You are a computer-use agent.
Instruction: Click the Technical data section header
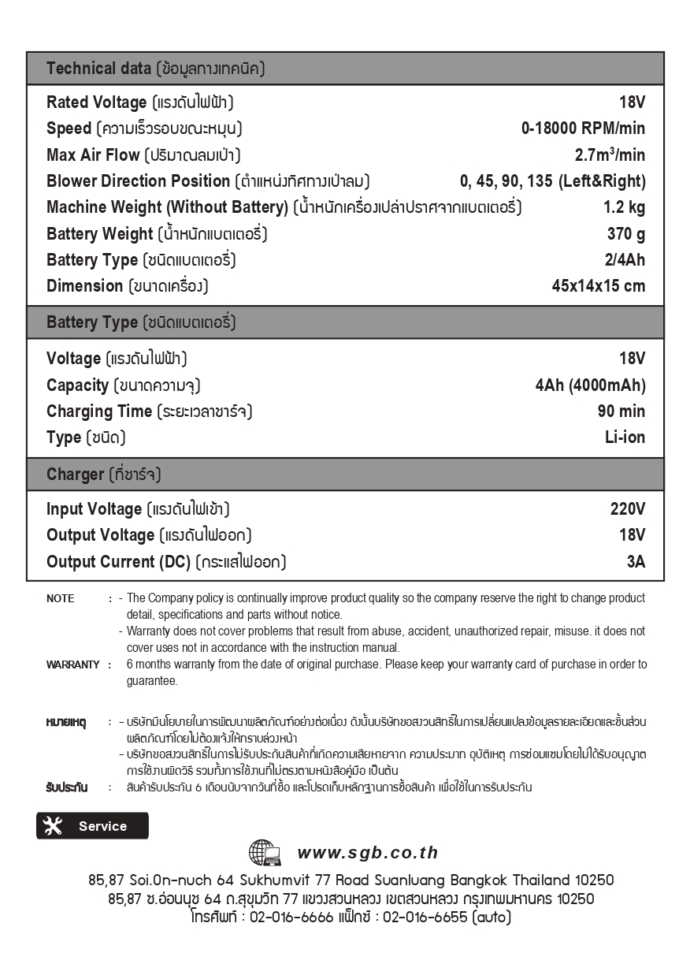(x=155, y=69)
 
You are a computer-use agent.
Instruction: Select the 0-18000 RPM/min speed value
(x=583, y=128)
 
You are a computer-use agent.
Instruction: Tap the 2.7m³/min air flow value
(x=610, y=154)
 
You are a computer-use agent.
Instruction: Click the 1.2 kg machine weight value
(x=624, y=207)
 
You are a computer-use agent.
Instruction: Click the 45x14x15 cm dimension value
(x=598, y=286)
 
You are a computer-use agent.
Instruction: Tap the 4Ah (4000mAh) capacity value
(x=590, y=385)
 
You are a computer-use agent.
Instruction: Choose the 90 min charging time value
(x=621, y=411)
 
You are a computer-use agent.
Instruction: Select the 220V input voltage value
(x=627, y=509)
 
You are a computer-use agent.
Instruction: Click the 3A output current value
(x=636, y=562)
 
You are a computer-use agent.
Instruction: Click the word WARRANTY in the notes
(x=72, y=664)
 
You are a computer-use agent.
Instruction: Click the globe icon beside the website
(x=264, y=853)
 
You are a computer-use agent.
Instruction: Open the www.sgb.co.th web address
(x=367, y=853)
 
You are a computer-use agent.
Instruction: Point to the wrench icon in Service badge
(x=53, y=826)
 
